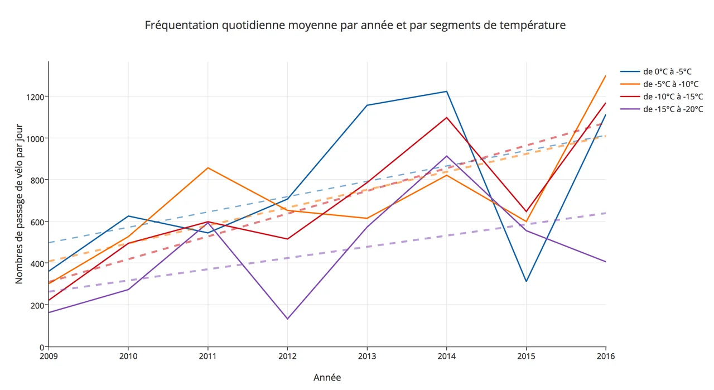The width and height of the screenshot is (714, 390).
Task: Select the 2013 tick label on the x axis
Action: pos(367,356)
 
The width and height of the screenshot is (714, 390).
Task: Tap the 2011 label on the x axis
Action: pos(208,356)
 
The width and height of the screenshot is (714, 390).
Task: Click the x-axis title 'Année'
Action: pos(327,378)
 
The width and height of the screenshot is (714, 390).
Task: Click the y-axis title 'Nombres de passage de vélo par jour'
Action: pos(19,204)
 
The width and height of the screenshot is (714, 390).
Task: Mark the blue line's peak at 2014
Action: pos(447,92)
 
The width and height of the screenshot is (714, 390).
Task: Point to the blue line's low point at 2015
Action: pos(526,281)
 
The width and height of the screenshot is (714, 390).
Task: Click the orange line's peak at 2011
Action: pos(208,167)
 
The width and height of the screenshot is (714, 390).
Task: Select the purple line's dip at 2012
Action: pos(287,319)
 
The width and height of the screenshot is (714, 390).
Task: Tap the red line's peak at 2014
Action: pos(447,117)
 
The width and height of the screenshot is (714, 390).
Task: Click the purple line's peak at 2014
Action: pos(447,156)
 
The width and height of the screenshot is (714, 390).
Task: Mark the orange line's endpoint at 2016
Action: pos(606,75)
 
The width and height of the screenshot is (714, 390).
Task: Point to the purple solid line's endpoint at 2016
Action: pos(606,262)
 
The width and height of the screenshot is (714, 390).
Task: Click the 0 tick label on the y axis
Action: pos(41,346)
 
